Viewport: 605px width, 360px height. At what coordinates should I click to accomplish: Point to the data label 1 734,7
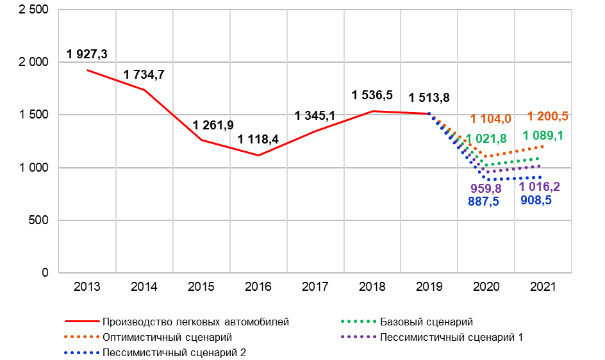coord(144,75)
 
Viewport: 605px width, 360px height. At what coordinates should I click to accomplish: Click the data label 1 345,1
coord(315,115)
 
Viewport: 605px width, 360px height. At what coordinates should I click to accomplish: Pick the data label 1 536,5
coord(372,95)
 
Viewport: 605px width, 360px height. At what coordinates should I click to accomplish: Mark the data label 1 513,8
coord(429,97)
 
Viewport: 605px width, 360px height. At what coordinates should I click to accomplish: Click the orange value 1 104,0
coord(490,119)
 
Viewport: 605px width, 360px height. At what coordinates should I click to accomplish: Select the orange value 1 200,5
coord(548,116)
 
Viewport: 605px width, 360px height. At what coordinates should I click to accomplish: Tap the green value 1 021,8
coord(486,139)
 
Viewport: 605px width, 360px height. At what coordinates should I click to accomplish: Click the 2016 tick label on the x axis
coord(258,287)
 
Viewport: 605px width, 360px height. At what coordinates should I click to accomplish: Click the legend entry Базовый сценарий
coord(426,322)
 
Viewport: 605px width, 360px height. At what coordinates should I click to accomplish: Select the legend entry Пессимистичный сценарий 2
coord(174,352)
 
